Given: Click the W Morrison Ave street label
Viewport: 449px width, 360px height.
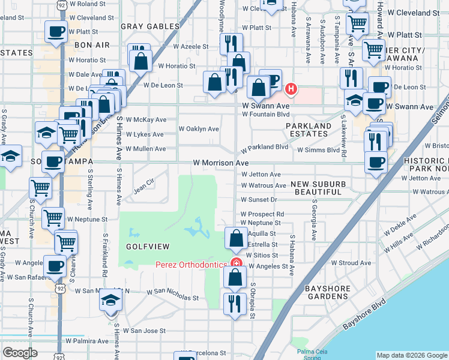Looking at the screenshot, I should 220,163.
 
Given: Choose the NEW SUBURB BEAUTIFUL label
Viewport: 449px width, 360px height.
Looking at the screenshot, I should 316,188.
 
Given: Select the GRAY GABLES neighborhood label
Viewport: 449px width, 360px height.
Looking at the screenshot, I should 150,26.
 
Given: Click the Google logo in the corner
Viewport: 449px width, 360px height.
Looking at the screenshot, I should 20,353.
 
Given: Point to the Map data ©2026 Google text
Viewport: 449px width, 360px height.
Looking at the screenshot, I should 412,355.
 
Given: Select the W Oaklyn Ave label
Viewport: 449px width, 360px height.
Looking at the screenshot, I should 199,129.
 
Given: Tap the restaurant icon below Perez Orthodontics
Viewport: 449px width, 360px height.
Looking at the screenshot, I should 233,303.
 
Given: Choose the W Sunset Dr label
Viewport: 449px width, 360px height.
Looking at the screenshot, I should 259,200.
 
